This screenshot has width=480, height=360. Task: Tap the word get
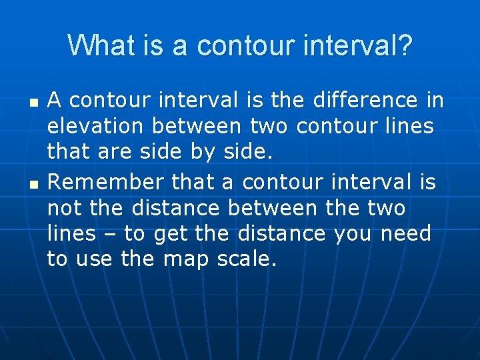tap(167, 234)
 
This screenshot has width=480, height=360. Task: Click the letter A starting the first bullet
tap(55, 100)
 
